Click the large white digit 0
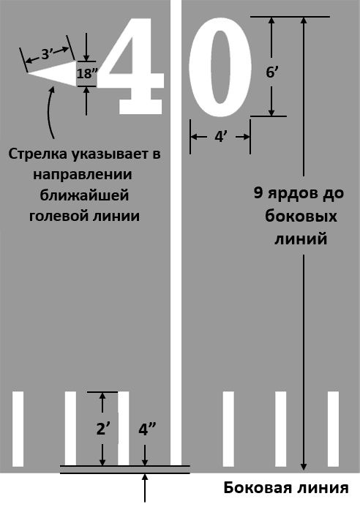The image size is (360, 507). [220, 67]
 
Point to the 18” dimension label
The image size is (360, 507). [86, 74]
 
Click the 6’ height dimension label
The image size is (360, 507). [271, 72]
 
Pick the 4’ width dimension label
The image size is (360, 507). [220, 137]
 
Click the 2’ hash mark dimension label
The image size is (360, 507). [102, 429]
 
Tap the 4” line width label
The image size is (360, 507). [146, 429]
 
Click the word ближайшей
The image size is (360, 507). [84, 195]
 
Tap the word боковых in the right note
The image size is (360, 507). [301, 217]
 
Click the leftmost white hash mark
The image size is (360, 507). [18, 429]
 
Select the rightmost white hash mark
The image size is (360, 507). [333, 429]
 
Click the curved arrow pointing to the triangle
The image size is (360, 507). [50, 111]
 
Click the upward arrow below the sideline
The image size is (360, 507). [145, 487]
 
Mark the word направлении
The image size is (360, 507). [83, 175]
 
